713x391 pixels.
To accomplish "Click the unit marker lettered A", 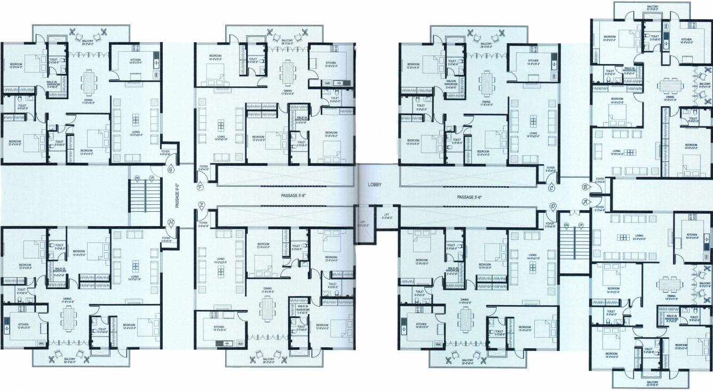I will coord(585,202).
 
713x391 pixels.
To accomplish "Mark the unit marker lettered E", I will coord(201,205).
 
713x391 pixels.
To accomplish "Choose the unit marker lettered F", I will coord(200,187).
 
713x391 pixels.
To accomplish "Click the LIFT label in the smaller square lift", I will coord(387,216).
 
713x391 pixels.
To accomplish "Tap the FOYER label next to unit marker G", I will coord(166,153).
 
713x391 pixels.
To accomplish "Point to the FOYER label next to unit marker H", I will coord(167,239).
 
